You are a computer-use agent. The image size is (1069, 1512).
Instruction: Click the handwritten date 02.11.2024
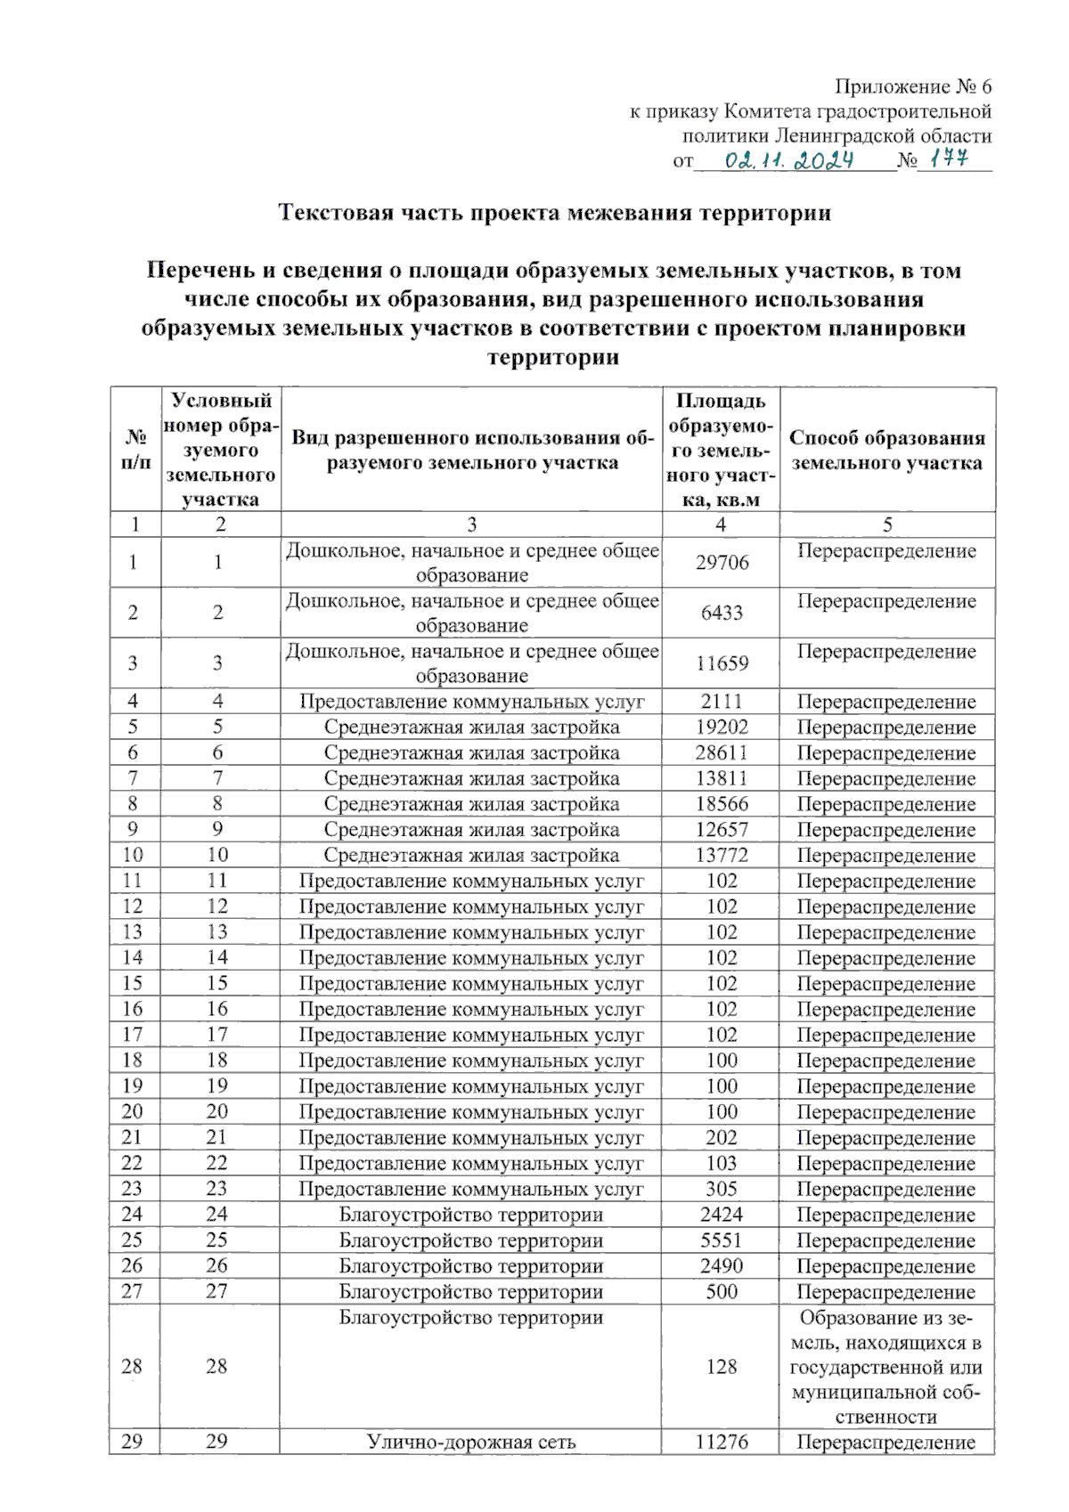tap(789, 160)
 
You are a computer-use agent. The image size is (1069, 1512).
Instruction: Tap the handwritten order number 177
tap(950, 159)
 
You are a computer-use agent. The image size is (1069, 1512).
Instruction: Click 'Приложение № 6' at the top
tap(912, 86)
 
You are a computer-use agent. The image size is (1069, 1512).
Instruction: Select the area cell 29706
tap(722, 563)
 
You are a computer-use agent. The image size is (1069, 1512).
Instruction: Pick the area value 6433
tap(722, 613)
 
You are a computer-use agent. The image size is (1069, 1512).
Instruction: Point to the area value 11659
tap(722, 663)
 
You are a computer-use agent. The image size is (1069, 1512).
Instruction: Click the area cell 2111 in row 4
tap(722, 702)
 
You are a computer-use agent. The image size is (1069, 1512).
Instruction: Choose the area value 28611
tap(722, 752)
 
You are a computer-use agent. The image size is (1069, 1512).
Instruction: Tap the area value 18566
tap(722, 804)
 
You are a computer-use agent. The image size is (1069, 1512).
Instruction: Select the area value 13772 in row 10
tap(722, 856)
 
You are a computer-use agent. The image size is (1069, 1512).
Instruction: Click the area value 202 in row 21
tap(722, 1138)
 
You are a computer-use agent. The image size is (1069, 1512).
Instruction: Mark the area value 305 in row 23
tap(722, 1190)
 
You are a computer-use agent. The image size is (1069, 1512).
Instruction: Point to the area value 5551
tap(722, 1240)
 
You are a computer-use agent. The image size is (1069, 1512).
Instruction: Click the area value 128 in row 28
tap(722, 1367)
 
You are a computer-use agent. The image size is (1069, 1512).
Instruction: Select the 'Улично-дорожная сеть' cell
tap(471, 1443)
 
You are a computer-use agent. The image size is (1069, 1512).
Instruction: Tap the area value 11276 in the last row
tap(722, 1443)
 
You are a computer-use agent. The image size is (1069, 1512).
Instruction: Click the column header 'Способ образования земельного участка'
tap(887, 450)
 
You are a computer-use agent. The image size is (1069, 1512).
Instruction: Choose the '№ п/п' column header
tap(135, 450)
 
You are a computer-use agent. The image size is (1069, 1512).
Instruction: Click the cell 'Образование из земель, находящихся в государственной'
tap(886, 1367)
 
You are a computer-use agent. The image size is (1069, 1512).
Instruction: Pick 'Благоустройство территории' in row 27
tap(471, 1292)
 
